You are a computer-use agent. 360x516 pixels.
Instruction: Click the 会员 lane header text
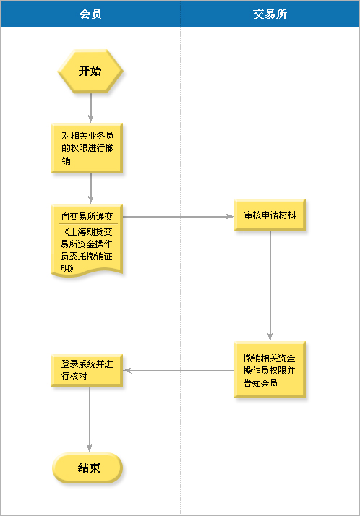90,14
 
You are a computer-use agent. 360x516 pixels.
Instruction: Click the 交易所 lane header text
270,14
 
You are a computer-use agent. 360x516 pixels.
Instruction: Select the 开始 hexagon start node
90,71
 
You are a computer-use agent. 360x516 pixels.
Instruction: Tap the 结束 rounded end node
87,468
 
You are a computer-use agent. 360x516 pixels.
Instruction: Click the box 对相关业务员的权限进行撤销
87,148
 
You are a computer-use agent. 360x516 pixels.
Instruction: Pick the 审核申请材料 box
270,215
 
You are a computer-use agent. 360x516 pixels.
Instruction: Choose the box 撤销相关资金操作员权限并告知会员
270,370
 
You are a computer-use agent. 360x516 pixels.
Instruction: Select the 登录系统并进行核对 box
87,370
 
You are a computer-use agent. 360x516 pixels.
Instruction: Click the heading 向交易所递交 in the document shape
87,216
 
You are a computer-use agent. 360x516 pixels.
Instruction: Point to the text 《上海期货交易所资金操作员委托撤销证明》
87,250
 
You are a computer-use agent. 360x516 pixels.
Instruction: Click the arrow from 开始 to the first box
91,108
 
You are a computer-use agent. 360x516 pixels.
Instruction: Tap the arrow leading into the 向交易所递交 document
91,189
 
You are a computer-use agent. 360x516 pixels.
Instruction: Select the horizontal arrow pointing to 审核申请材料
179,217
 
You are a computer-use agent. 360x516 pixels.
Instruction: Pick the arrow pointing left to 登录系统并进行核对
179,371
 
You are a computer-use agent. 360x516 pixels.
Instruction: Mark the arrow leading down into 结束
90,419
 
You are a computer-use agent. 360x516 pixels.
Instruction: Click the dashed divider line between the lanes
180,272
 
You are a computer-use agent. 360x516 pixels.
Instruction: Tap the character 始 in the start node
95,71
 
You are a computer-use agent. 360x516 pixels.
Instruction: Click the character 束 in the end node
95,468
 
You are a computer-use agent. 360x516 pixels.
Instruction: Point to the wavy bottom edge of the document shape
87,272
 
